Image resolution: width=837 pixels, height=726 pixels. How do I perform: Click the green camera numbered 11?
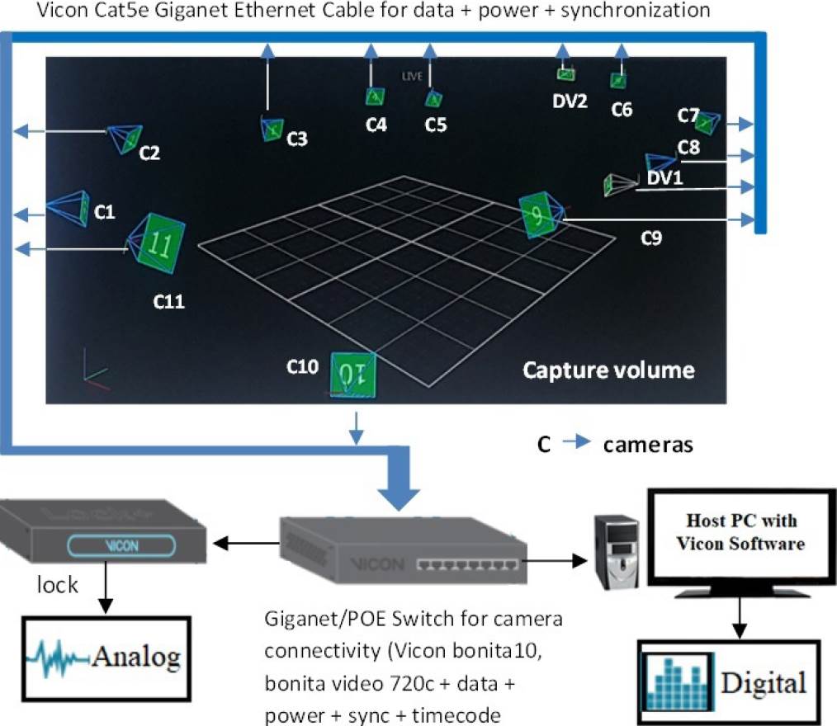[x=160, y=243]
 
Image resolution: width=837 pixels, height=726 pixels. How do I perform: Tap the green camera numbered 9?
[x=536, y=216]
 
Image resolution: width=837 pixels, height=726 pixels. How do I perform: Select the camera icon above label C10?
[x=353, y=375]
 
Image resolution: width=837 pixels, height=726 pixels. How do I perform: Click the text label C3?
[x=297, y=139]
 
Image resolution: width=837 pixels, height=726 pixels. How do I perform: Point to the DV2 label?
[x=570, y=101]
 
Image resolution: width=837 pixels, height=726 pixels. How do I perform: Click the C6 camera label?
[x=622, y=109]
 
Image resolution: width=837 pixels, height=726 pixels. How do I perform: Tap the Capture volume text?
[x=608, y=369]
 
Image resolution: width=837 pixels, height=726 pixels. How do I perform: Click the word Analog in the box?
[x=135, y=657]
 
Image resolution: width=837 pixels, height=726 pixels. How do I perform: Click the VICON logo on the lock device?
[x=121, y=545]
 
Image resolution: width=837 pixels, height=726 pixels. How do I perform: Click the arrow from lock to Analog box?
[x=103, y=593]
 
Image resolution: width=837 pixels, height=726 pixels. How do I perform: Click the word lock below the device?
[x=57, y=586]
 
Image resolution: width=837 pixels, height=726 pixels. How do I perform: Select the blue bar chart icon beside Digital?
[x=678, y=683]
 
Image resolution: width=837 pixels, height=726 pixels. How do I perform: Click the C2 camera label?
[x=149, y=153]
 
